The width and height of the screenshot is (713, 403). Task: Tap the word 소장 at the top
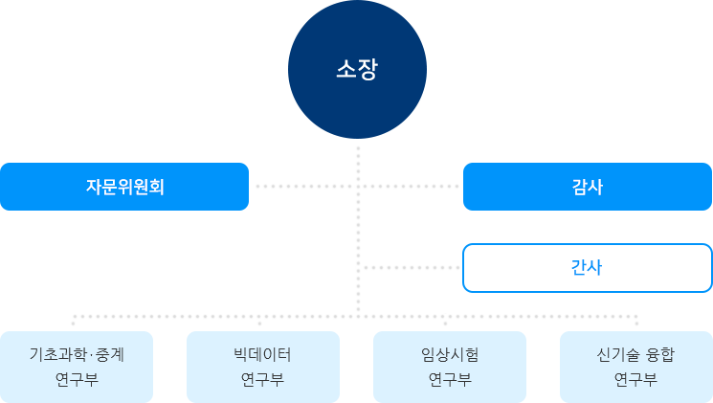(x=356, y=70)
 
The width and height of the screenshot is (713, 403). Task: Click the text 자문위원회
(x=124, y=187)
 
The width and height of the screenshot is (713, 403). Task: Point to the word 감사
(x=587, y=187)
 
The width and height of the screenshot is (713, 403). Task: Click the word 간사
(x=587, y=268)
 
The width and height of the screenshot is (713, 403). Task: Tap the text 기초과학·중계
(x=77, y=354)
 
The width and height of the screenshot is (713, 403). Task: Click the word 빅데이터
(x=262, y=354)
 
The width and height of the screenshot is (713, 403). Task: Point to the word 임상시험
(x=449, y=354)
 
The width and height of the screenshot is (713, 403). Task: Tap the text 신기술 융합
(x=635, y=354)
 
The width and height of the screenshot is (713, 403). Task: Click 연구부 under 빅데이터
(x=262, y=378)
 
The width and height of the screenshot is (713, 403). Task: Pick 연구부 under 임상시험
(x=449, y=378)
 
